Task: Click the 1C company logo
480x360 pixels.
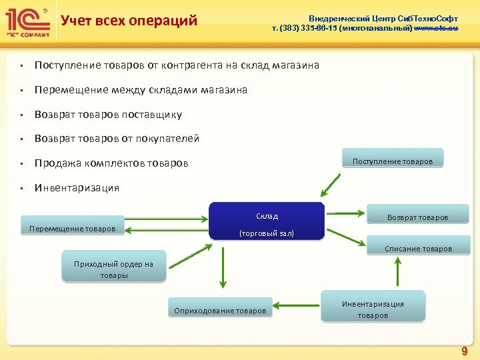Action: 26,21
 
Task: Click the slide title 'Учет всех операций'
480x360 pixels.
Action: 129,21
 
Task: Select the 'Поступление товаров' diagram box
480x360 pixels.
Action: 393,160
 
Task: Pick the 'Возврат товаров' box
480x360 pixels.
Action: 417,217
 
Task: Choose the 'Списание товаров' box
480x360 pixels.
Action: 417,248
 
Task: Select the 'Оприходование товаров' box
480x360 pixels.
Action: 220,310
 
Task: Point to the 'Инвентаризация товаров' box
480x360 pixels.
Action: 373,308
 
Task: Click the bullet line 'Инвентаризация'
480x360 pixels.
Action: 77,188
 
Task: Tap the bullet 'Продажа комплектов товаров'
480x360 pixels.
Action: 111,163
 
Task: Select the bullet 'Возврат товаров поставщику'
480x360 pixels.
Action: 108,115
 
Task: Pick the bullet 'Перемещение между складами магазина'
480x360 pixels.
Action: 141,90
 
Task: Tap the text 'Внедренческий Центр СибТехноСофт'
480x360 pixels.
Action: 383,19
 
